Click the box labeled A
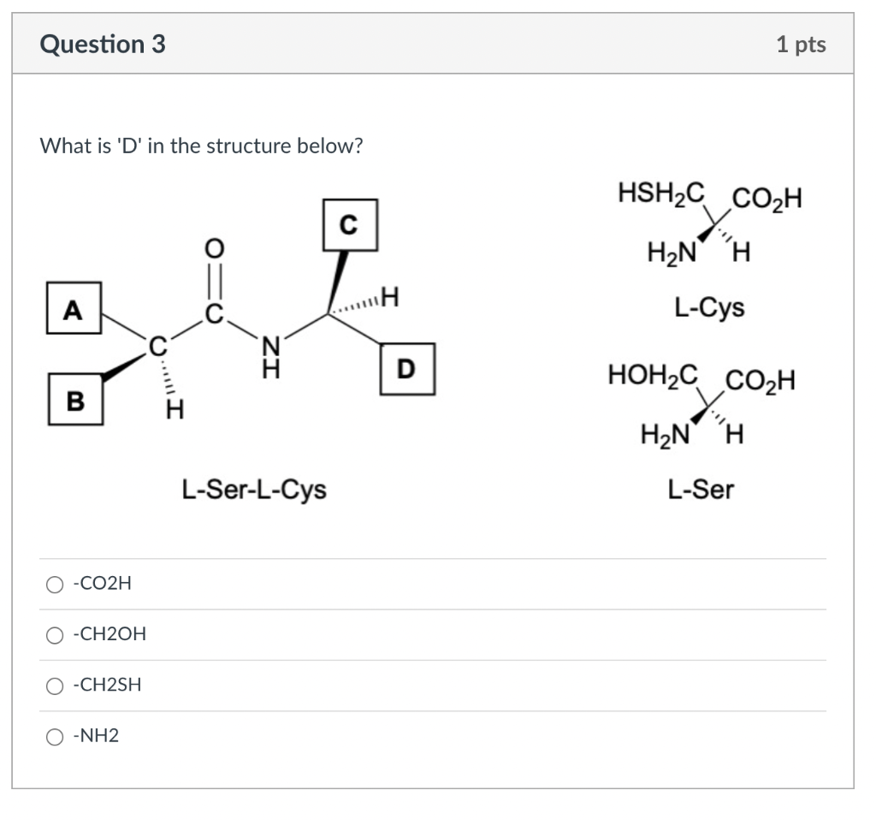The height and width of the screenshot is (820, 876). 74,308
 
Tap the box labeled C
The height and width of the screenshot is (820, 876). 348,223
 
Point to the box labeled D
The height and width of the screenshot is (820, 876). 407,368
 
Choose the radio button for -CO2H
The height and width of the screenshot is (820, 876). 55,585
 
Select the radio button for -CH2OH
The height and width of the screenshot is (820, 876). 55,635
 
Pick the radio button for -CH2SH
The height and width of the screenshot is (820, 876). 55,686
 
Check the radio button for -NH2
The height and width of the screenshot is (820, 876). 55,736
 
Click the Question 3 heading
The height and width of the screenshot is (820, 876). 103,45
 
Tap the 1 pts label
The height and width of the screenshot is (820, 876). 801,45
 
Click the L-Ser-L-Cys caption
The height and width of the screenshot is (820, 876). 253,490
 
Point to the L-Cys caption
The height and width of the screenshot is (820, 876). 709,306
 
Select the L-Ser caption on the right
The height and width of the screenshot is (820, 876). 701,490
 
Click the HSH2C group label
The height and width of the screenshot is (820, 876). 660,194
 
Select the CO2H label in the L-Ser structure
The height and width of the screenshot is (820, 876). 760,379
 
